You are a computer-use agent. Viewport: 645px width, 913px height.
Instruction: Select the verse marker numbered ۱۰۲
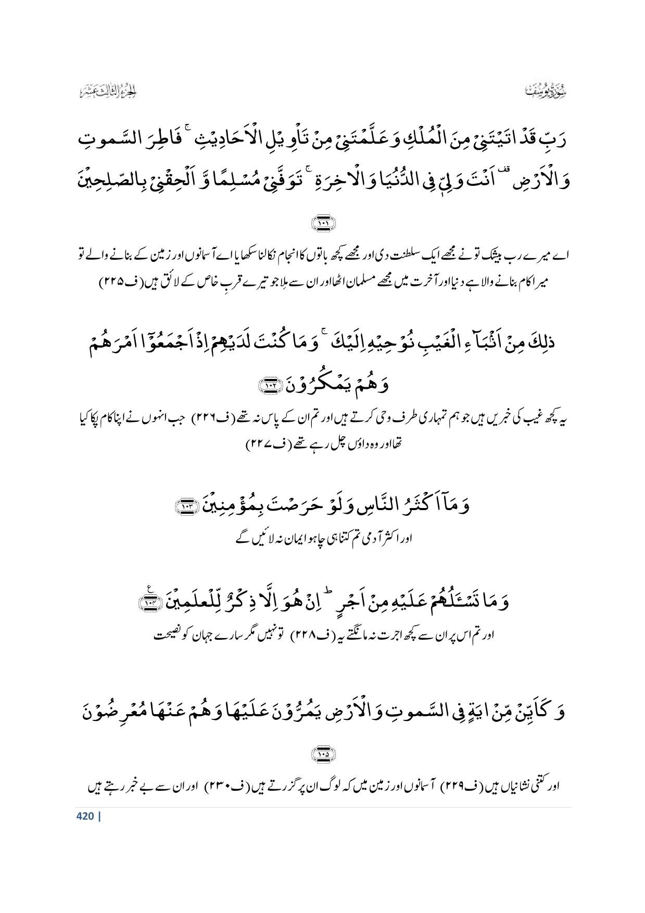point(270,386)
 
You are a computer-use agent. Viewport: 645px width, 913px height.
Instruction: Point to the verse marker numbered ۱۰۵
point(323,754)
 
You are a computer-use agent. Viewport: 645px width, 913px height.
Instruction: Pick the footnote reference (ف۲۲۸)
point(312,636)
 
